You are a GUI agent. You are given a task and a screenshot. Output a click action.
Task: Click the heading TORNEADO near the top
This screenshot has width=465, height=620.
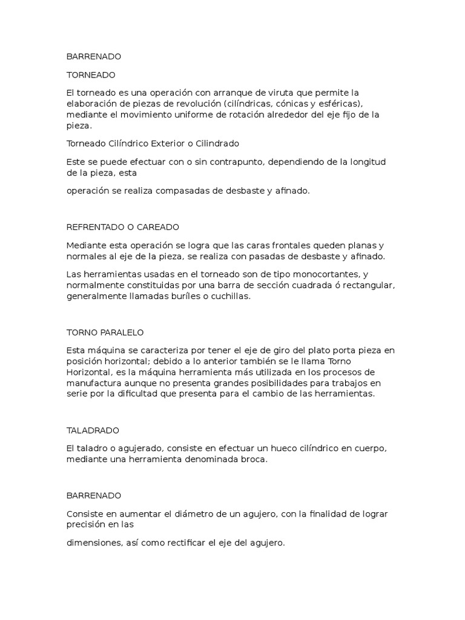point(90,74)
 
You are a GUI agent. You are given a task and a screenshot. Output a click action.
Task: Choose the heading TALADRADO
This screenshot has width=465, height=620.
point(92,430)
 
